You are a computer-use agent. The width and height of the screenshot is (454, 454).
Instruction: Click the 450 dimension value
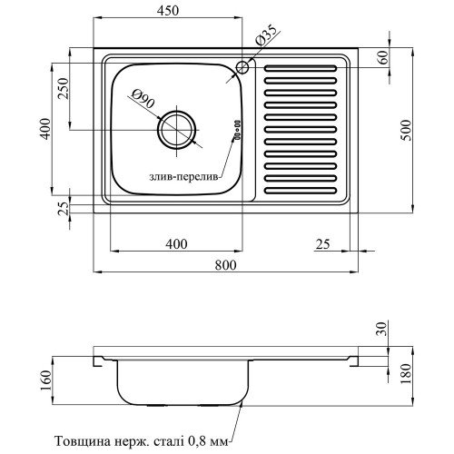168,11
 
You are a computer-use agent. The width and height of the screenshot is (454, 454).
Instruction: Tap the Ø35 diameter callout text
266,35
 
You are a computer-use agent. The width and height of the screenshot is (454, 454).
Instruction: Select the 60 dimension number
382,57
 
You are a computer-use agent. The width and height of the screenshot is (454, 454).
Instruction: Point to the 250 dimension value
64,89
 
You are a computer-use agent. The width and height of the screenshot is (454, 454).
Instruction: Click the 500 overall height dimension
405,130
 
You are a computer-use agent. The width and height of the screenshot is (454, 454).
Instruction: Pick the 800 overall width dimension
225,265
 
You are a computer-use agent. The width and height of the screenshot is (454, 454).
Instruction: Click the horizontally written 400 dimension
176,244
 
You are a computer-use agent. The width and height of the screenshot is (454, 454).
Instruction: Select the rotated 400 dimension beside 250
45,129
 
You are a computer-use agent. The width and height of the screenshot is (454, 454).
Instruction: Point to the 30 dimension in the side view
382,329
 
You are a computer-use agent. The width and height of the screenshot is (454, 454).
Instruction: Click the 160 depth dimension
45,380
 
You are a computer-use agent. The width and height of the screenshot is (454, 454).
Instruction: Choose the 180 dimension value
405,373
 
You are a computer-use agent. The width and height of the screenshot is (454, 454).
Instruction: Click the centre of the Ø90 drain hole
177,130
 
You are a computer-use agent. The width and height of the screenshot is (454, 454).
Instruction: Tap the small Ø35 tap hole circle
242,67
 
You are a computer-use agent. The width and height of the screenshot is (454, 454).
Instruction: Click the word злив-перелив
183,177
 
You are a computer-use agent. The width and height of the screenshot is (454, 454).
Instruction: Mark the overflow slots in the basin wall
238,129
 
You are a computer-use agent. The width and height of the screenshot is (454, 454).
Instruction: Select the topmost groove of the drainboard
301,68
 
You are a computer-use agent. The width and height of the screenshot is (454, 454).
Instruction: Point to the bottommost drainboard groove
301,191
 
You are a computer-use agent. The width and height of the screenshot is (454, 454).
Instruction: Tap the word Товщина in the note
83,441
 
